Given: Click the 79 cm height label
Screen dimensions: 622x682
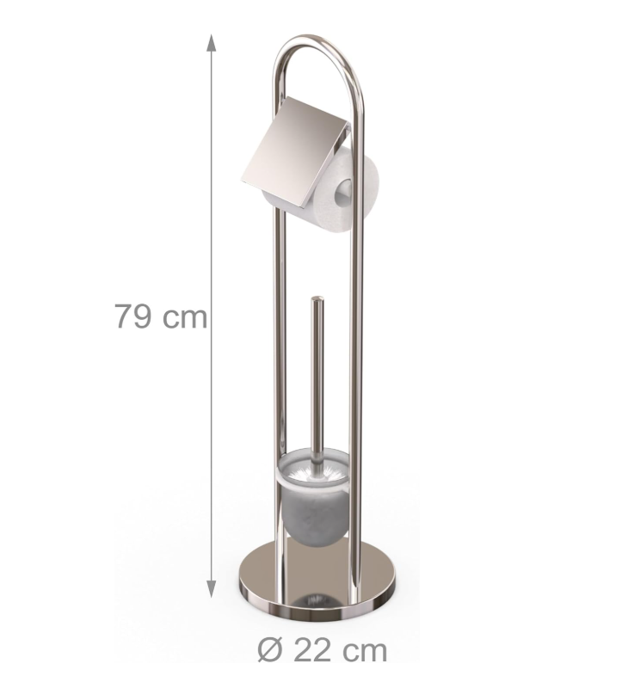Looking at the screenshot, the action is point(161,316).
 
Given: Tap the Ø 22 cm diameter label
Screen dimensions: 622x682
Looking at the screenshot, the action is point(322,650).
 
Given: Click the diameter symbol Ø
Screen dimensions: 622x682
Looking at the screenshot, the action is point(270,650).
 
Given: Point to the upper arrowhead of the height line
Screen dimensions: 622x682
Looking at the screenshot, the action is point(211,43).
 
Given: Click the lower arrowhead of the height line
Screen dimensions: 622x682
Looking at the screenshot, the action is point(211,588).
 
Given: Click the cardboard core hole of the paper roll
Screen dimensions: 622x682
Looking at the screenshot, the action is point(343,193).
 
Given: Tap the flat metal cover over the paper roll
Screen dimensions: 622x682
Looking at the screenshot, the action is point(295,152).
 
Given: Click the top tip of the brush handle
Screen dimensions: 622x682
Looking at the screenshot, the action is point(317,298).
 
